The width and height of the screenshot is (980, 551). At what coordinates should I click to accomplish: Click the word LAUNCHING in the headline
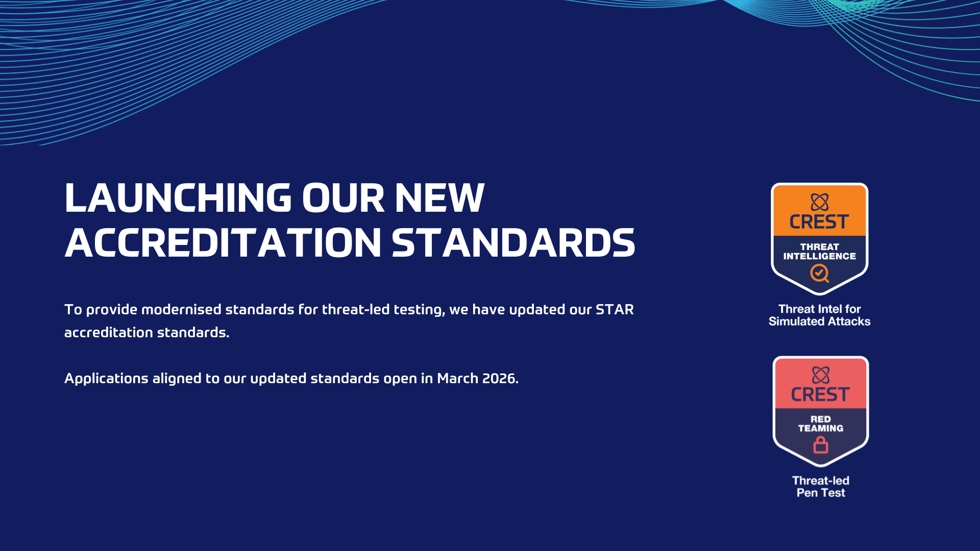[178, 198]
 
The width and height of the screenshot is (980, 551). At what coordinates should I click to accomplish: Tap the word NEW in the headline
[439, 198]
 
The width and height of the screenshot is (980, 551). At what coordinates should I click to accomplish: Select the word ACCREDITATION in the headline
[223, 243]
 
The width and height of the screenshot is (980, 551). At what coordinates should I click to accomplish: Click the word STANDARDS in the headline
[513, 243]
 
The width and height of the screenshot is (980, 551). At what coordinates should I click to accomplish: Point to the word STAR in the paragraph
[615, 310]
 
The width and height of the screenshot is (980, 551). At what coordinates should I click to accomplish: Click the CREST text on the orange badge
[819, 222]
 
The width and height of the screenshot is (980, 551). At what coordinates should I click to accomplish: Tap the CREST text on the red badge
[820, 394]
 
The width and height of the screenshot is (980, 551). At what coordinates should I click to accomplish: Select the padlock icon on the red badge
[821, 445]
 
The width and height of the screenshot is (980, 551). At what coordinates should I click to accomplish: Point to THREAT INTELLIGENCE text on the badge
[820, 252]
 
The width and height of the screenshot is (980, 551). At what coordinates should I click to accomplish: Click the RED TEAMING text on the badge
[821, 423]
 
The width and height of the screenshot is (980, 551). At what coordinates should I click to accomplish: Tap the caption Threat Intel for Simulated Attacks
[819, 315]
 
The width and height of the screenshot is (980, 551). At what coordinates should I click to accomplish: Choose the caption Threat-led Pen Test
[821, 487]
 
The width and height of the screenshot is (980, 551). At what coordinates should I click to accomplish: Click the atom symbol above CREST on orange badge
[820, 202]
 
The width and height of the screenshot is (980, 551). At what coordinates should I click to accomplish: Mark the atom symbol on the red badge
[821, 375]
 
